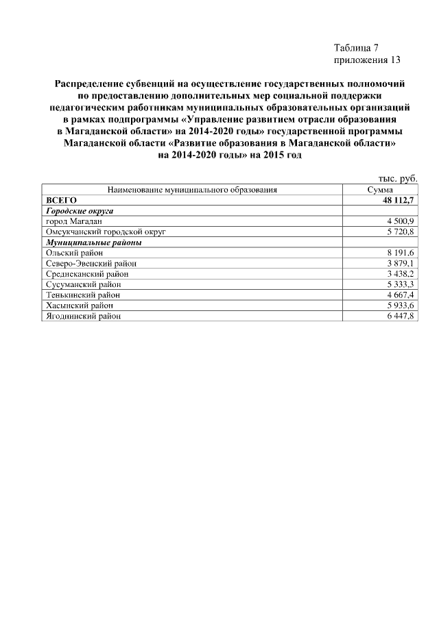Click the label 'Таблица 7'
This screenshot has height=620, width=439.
[x=355, y=47]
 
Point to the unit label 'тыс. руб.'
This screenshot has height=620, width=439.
[x=398, y=178]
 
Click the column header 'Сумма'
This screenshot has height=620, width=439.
[x=379, y=190]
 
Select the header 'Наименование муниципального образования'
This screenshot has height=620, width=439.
[x=192, y=190]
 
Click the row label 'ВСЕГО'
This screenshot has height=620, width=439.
[x=60, y=200]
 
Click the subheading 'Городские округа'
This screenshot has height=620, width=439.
[x=79, y=211]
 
